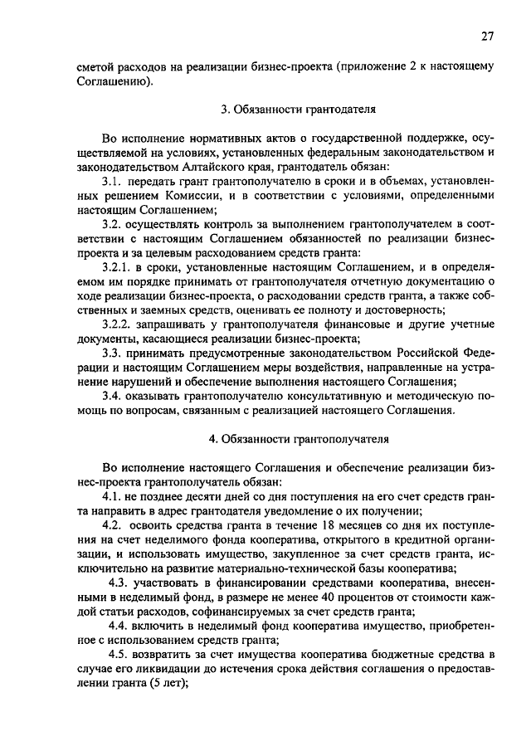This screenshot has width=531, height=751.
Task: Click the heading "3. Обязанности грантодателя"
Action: (298, 109)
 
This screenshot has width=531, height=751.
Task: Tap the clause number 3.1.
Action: (113, 181)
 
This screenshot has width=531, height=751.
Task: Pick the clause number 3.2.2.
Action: (119, 323)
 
